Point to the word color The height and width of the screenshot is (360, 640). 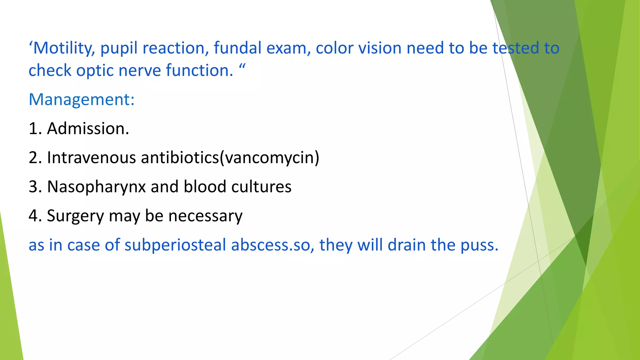click(336, 48)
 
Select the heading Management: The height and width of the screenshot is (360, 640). click(82, 100)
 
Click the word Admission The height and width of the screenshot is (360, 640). click(88, 128)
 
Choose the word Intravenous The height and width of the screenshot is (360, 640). click(91, 157)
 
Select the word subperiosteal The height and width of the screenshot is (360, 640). click(175, 245)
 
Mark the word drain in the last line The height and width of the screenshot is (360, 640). click(407, 245)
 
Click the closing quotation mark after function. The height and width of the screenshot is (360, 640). click(242, 66)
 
